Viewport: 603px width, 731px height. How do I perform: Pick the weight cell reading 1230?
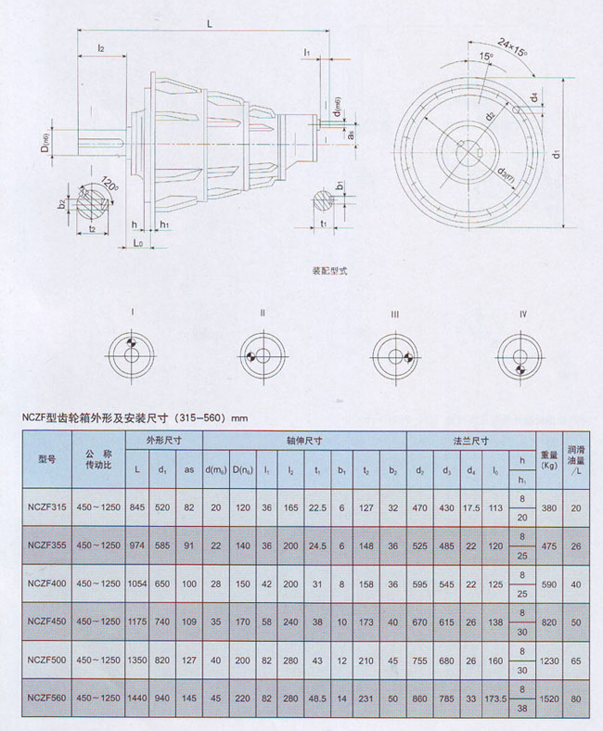coord(548,660)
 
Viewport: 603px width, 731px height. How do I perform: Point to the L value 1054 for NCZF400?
coord(137,584)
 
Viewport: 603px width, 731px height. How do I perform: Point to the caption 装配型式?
coord(328,274)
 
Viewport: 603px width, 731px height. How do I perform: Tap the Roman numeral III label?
coord(394,314)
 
